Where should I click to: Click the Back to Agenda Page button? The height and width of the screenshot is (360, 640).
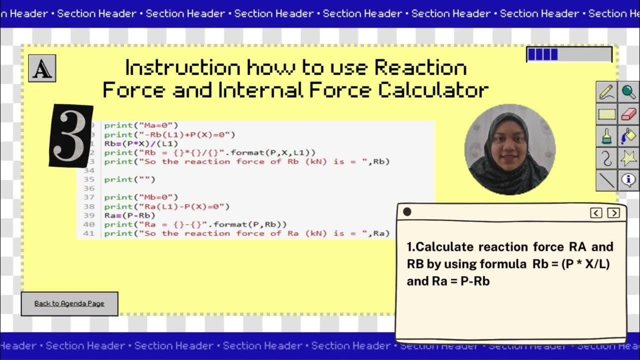point(69,303)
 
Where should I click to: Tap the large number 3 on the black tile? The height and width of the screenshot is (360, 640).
point(70,136)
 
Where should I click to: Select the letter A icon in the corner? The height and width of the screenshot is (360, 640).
point(42,68)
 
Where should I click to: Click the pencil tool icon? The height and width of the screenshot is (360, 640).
point(607,92)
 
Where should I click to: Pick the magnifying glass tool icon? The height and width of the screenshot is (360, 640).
point(628,92)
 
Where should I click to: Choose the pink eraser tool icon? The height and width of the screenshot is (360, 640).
point(628,114)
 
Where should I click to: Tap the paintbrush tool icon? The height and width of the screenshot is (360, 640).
point(607,136)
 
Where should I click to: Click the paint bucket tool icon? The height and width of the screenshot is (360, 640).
point(628,136)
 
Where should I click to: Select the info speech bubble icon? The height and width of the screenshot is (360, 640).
point(628,180)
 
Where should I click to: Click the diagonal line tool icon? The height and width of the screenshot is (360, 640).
point(607,180)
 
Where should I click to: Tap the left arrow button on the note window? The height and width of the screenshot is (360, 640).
point(596,213)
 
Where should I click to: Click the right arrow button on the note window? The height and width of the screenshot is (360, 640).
point(613,213)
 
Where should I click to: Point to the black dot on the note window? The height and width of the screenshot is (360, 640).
point(407,212)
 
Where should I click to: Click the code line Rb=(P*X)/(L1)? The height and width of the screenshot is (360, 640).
point(141,143)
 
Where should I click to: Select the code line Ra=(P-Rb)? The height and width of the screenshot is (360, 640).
point(129,215)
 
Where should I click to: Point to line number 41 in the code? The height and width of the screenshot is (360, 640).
point(89,233)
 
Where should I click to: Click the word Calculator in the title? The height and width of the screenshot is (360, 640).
point(433,90)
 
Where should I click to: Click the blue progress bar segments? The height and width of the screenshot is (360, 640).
point(543,54)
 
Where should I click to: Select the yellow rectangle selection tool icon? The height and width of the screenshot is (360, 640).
point(607,114)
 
